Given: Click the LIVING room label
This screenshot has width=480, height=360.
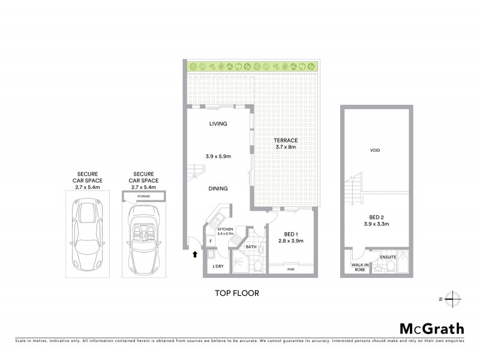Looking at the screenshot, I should [218, 124].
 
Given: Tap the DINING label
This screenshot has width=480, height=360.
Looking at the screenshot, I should [218, 188].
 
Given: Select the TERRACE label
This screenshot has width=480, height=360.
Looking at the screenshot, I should [286, 140].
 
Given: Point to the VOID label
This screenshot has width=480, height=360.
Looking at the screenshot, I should [376, 150].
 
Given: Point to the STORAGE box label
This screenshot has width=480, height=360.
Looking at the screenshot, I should [144, 196].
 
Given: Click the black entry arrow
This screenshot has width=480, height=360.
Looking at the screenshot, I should [194, 254].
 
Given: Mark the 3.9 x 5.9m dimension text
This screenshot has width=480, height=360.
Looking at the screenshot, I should [218, 157].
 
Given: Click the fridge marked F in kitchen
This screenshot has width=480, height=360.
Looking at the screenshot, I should [211, 241].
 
